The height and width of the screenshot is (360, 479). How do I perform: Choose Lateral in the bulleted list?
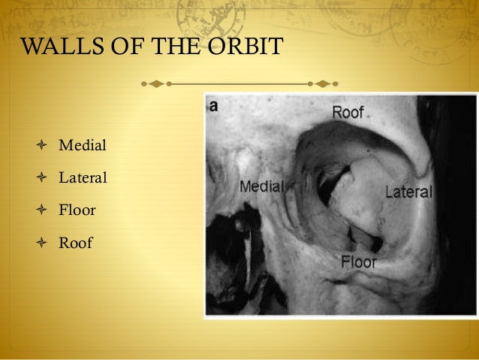coord(83,178)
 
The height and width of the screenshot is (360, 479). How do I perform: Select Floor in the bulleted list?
coord(77,210)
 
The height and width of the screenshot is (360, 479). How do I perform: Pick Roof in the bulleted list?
coord(76,243)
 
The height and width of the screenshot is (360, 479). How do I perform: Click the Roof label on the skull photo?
coord(348,113)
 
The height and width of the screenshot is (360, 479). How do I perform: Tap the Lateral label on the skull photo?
coord(408,192)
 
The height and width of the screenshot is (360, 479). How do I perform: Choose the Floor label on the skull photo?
coord(358,262)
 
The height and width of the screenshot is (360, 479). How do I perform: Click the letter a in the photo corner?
coord(214,107)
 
